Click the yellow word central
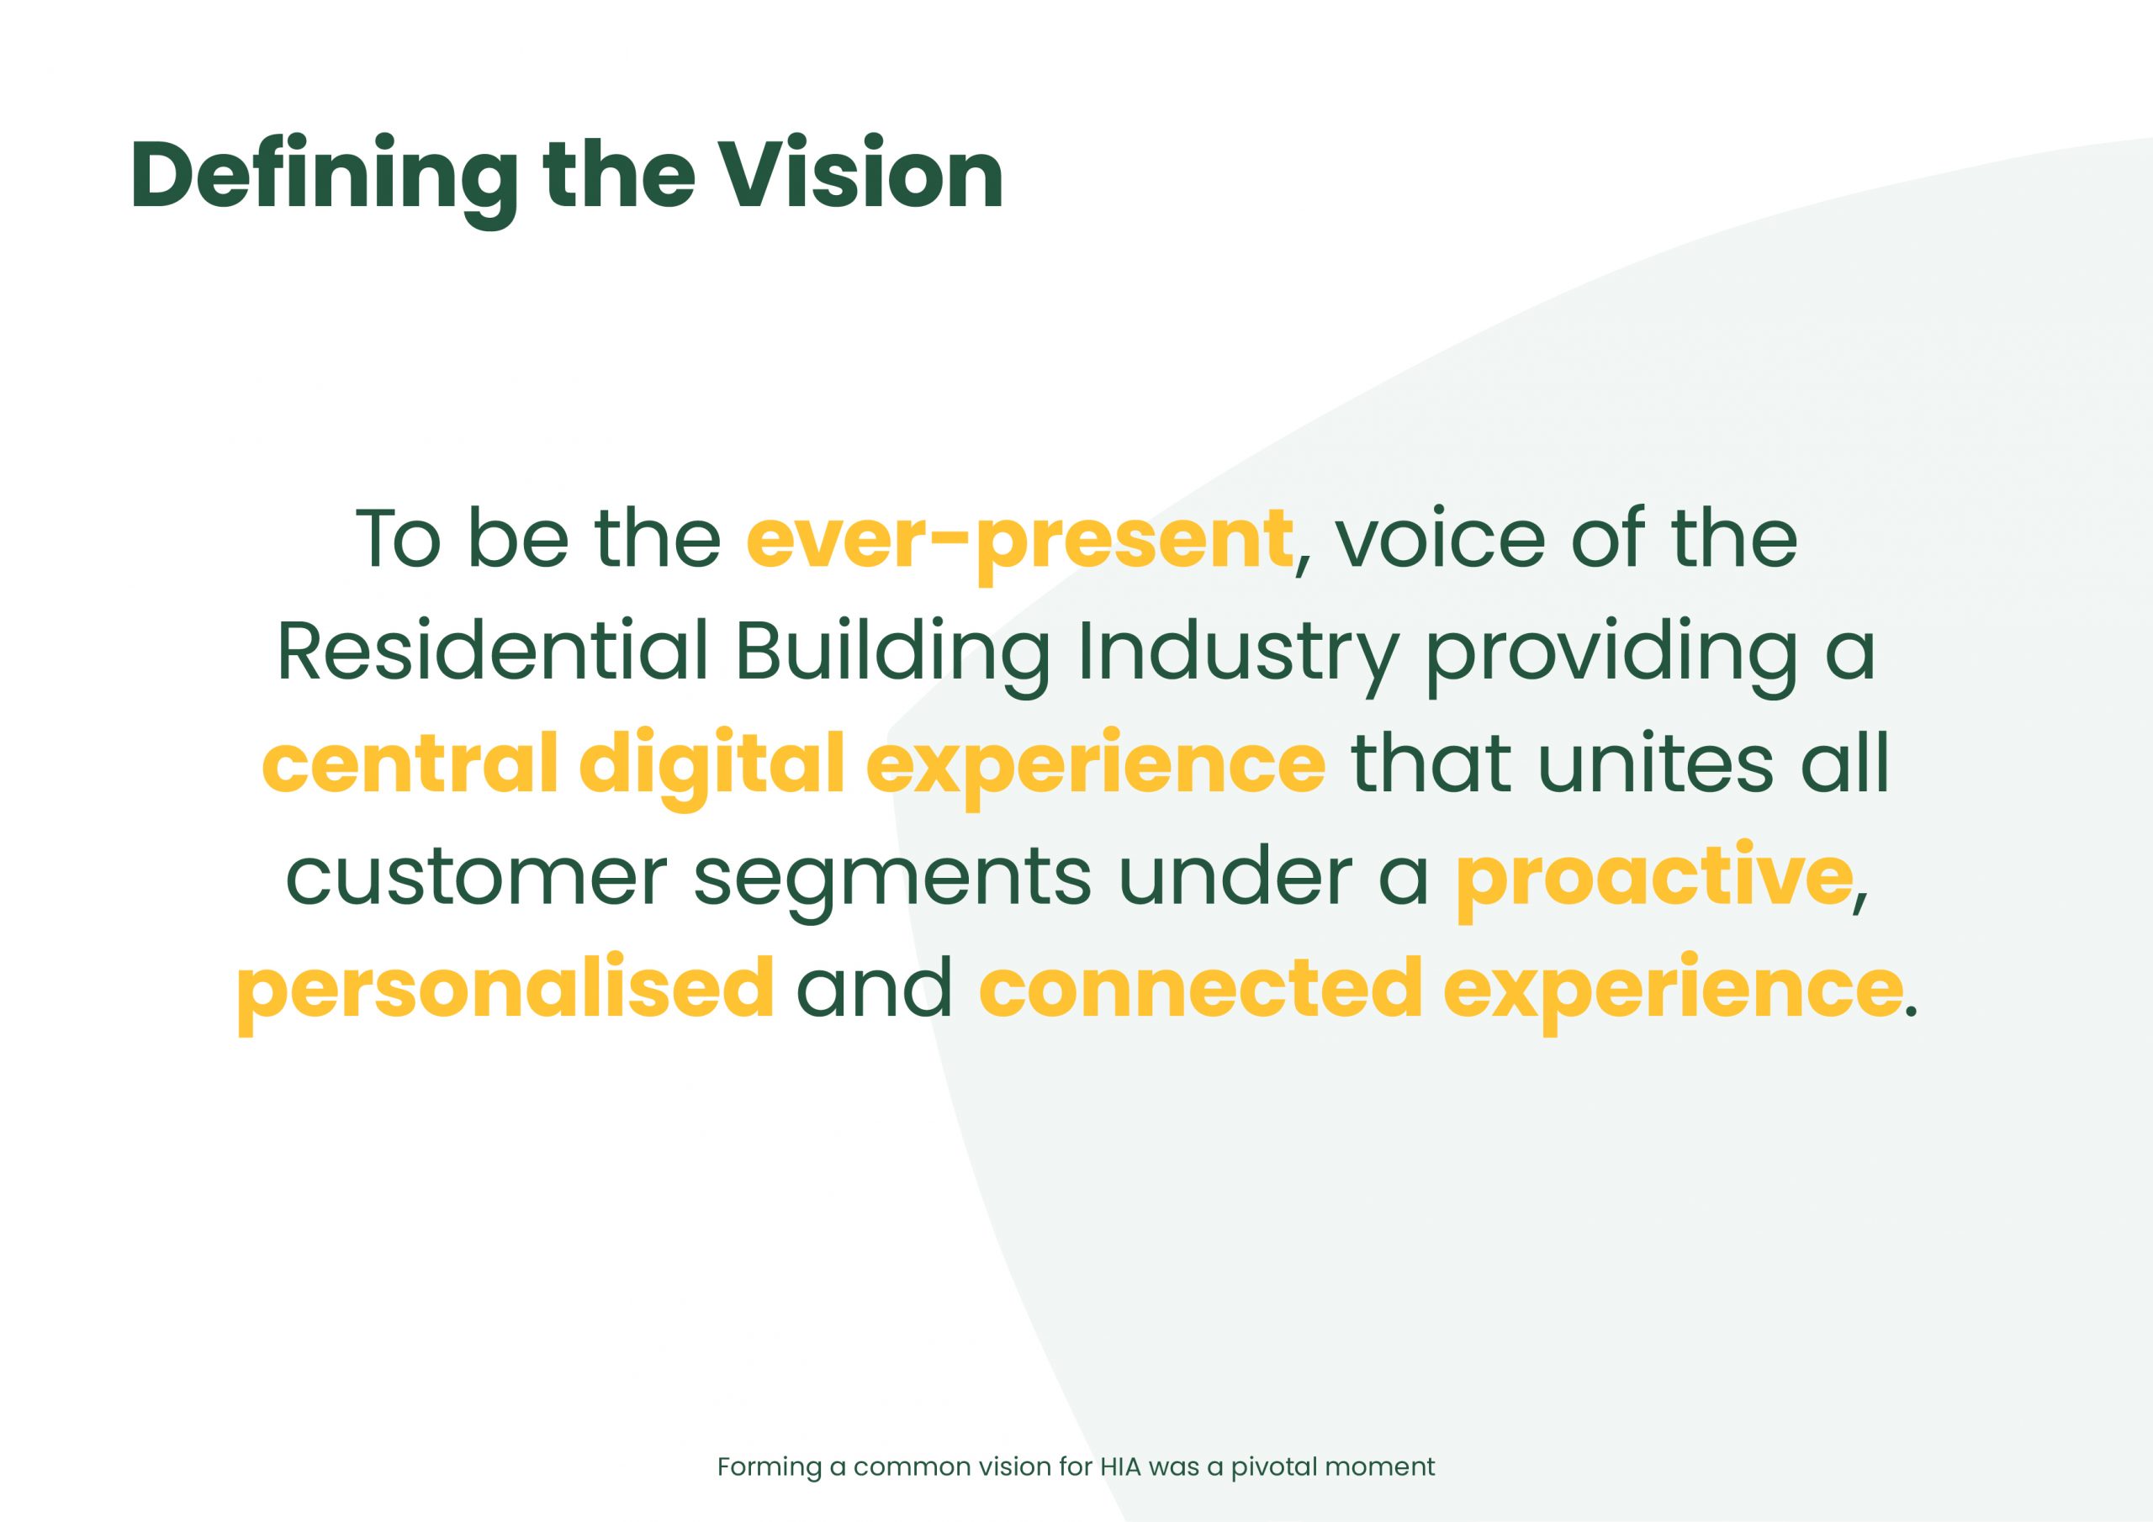point(410,764)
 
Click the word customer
point(475,878)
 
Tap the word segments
point(891,884)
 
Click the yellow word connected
point(1200,988)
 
